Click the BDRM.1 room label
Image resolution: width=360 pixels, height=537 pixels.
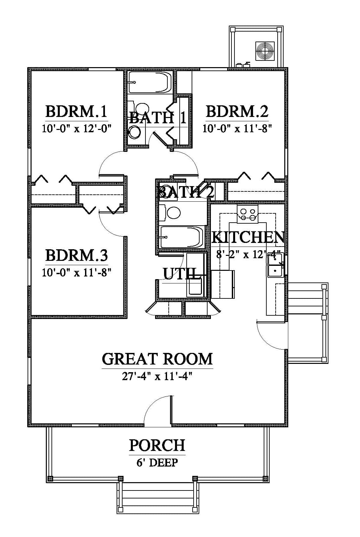[x=76, y=111]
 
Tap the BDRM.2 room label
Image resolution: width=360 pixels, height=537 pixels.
[x=237, y=111]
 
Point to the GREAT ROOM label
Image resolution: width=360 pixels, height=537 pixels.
[x=157, y=359]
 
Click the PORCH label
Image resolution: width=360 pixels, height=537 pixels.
[x=157, y=445]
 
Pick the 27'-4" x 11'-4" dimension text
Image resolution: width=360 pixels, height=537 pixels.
[x=157, y=376]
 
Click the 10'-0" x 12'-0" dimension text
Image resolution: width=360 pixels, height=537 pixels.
[x=77, y=129]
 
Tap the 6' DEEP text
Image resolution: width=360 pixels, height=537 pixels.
[x=157, y=463]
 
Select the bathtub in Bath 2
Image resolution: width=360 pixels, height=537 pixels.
[x=182, y=237]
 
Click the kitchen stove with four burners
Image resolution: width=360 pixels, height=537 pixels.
[x=248, y=214]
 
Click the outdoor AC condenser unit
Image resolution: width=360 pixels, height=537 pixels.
[x=265, y=51]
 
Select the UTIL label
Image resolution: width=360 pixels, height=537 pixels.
[x=180, y=273]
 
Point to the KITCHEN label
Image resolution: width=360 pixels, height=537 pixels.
[x=248, y=237]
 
